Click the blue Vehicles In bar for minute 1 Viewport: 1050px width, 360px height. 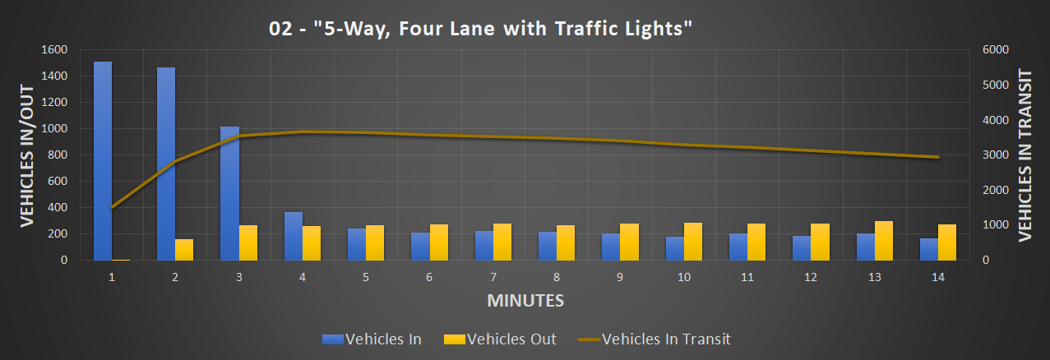pos(103,161)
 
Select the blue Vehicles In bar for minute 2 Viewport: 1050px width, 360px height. pos(166,164)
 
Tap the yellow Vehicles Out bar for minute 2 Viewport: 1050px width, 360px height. pos(184,250)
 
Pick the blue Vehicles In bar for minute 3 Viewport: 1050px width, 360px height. pos(229,193)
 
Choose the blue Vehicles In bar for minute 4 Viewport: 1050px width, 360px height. pos(294,236)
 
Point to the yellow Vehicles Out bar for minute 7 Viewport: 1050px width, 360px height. pos(502,242)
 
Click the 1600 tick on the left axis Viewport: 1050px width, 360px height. pos(56,50)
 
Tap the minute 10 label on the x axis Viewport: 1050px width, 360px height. pos(684,278)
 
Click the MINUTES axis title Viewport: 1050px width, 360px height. pos(525,301)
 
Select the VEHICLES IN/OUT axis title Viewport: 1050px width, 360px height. pos(26,155)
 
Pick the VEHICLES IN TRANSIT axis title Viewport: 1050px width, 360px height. pos(1024,155)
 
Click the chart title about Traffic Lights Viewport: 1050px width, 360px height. pos(481,29)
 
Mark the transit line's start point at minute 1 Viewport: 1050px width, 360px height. pos(112,207)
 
